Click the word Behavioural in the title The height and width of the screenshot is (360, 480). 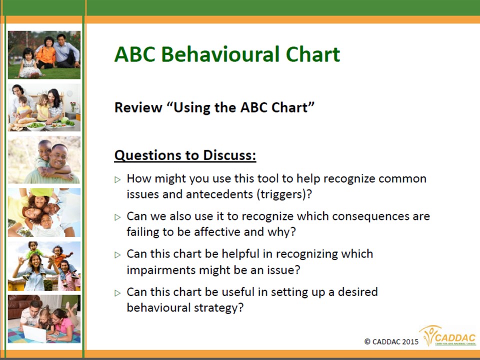[x=221, y=54]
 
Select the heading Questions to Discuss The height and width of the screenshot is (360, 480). [x=185, y=155]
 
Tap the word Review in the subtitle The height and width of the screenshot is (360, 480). [x=138, y=107]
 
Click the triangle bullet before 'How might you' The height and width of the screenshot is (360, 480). [x=117, y=179]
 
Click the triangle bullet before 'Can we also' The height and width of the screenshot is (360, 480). [x=117, y=217]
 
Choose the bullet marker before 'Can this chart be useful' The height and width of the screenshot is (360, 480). [x=117, y=293]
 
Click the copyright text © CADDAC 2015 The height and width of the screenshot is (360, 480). [x=391, y=341]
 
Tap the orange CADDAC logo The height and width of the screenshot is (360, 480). [x=448, y=335]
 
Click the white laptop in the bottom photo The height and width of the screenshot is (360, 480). [x=34, y=333]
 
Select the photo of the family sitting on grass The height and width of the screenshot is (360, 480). [x=44, y=55]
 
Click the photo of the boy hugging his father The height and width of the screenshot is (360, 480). [x=44, y=159]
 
